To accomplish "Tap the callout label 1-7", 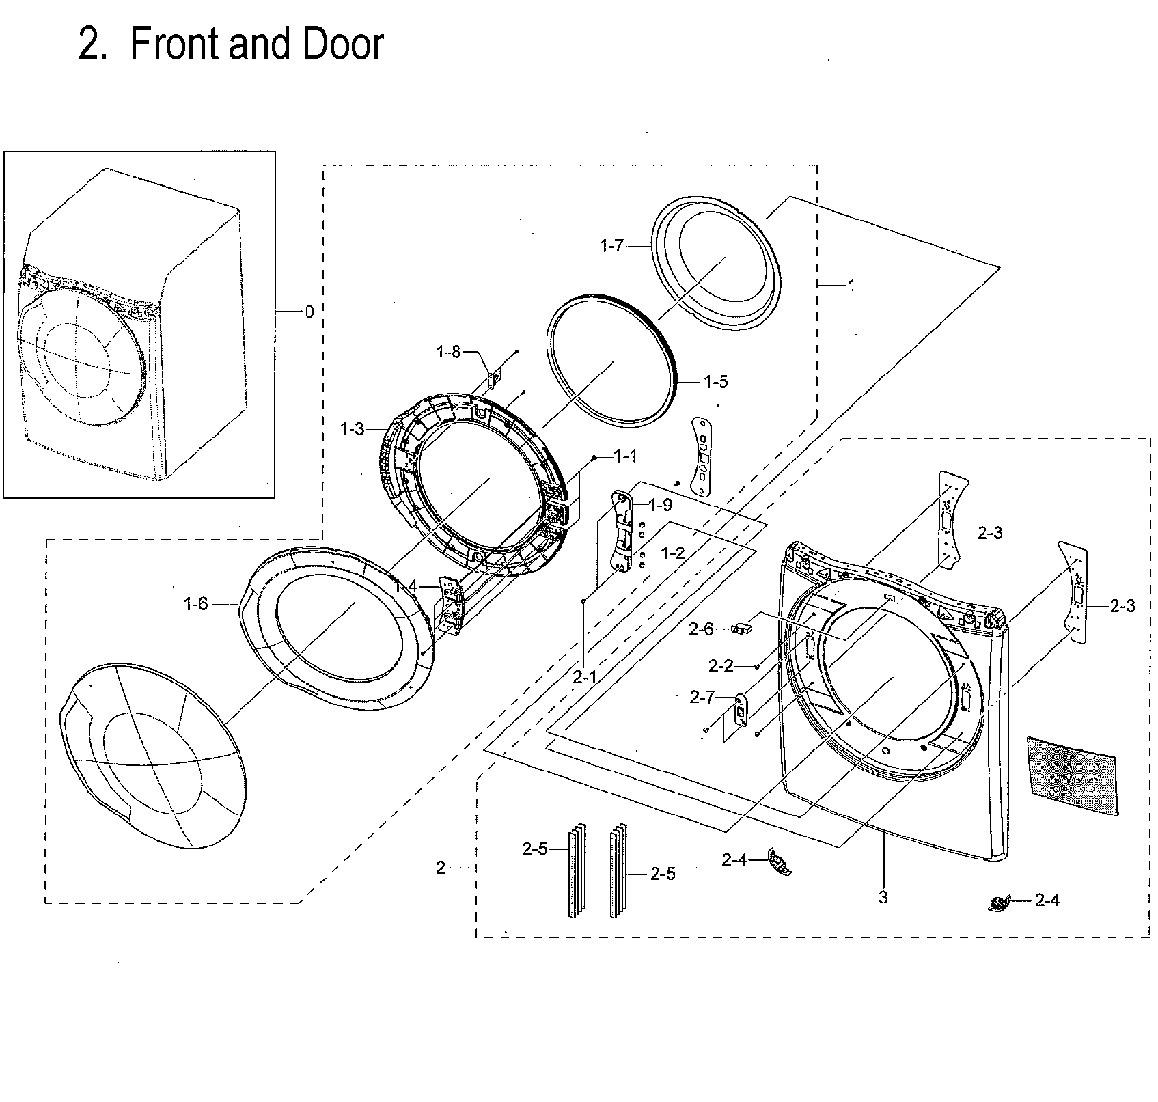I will tap(612, 245).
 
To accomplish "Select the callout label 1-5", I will tap(716, 382).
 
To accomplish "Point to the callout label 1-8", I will tap(449, 352).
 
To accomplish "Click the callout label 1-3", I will tap(352, 429).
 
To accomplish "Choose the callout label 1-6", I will tap(195, 604).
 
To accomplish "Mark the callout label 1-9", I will tap(660, 505).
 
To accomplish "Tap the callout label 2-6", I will tap(701, 629).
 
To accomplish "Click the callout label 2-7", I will tap(702, 698).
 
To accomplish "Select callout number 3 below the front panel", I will tap(883, 897).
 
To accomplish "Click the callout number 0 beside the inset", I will tap(309, 312).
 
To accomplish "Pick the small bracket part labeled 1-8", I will tap(495, 378).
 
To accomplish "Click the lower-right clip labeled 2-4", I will tap(998, 904).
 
